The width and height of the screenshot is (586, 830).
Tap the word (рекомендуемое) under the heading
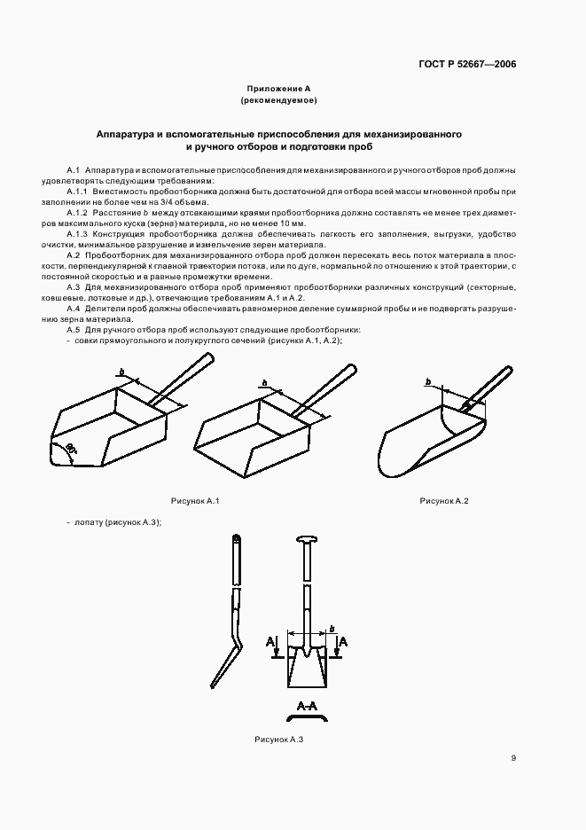278,100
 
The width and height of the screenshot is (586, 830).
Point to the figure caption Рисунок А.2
443,502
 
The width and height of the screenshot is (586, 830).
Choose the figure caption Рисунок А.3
279,739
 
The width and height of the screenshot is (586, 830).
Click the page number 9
513,757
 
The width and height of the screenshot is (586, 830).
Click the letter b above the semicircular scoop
427,381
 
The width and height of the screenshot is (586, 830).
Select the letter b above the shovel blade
332,629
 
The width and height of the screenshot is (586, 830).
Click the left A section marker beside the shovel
270,639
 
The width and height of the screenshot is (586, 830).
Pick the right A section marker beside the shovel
343,639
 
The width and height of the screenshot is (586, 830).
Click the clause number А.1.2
78,214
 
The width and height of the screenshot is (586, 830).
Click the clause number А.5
74,330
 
